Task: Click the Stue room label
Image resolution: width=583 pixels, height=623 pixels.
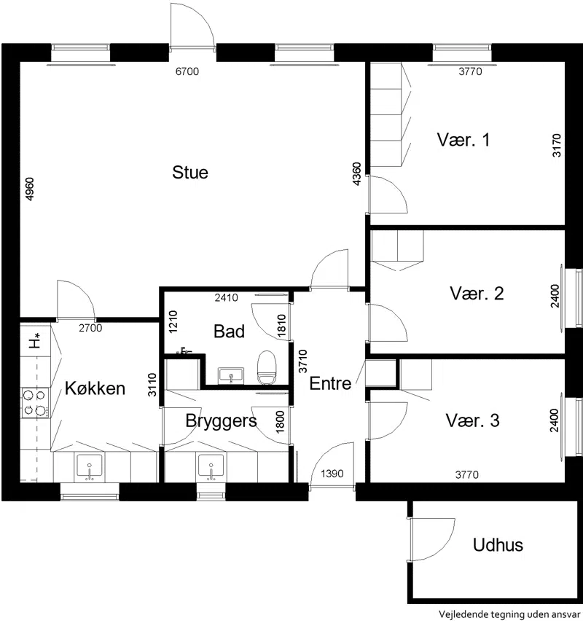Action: point(190,173)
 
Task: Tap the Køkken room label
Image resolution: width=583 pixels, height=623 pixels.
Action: point(95,388)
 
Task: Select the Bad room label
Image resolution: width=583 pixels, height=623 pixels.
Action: point(229,331)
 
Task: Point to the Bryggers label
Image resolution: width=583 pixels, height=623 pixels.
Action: point(221,421)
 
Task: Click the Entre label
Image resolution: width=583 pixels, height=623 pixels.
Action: point(330,383)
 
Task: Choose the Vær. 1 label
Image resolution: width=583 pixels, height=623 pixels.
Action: point(463,140)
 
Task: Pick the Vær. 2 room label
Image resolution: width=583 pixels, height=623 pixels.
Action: point(477,294)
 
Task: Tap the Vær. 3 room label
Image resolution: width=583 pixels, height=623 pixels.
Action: point(472,420)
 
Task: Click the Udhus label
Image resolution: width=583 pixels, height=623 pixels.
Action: point(498,545)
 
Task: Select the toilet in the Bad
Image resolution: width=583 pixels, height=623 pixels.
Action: point(267,367)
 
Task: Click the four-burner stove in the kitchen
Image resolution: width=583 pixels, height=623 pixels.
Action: point(35,402)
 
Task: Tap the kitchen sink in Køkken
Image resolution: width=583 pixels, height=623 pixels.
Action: point(90,468)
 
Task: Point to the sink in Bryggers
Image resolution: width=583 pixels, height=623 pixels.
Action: point(211,468)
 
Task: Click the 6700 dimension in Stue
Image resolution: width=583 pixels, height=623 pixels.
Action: point(187,71)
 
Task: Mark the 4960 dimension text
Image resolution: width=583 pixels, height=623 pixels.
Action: point(30,189)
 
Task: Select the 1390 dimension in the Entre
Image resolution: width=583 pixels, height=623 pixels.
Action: point(332,474)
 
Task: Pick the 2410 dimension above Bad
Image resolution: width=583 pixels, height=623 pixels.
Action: point(226,297)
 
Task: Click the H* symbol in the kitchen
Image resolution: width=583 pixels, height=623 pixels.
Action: point(36,341)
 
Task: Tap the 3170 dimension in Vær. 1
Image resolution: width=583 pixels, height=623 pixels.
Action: point(557,146)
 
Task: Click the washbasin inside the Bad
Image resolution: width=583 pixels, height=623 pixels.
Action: point(231,375)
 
